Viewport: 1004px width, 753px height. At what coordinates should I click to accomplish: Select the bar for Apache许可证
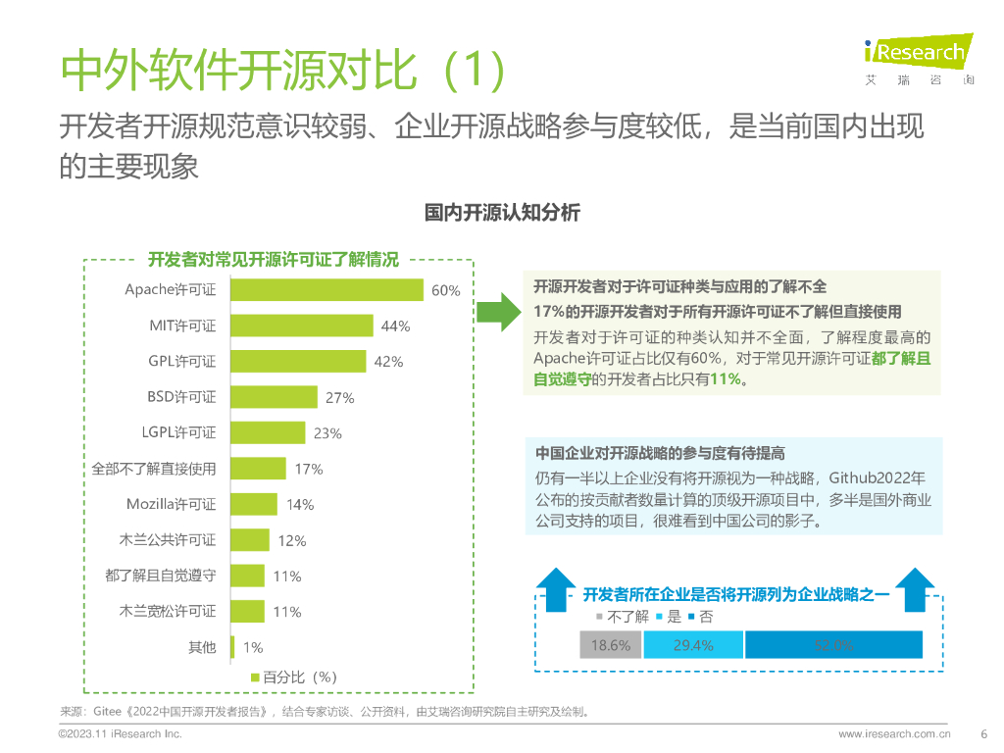click(326, 290)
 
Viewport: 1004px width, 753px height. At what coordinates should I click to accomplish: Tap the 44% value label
click(395, 326)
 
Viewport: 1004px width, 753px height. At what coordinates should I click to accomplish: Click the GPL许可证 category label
click(182, 362)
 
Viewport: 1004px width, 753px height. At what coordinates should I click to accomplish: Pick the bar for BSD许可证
click(274, 397)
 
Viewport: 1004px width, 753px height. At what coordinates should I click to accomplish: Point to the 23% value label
click(327, 433)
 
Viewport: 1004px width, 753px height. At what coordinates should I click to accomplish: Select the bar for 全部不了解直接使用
click(258, 469)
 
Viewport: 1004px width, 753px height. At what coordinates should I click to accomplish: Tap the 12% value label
click(292, 540)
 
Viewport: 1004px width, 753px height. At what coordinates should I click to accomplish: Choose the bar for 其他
click(231, 647)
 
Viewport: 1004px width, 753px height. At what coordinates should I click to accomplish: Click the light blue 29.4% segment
click(693, 645)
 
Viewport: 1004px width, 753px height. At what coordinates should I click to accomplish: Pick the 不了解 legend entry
click(623, 617)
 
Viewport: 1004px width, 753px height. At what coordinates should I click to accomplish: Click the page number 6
click(982, 733)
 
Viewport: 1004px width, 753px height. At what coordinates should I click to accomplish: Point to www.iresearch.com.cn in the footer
click(894, 733)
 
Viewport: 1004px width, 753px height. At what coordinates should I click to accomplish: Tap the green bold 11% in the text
click(726, 378)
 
